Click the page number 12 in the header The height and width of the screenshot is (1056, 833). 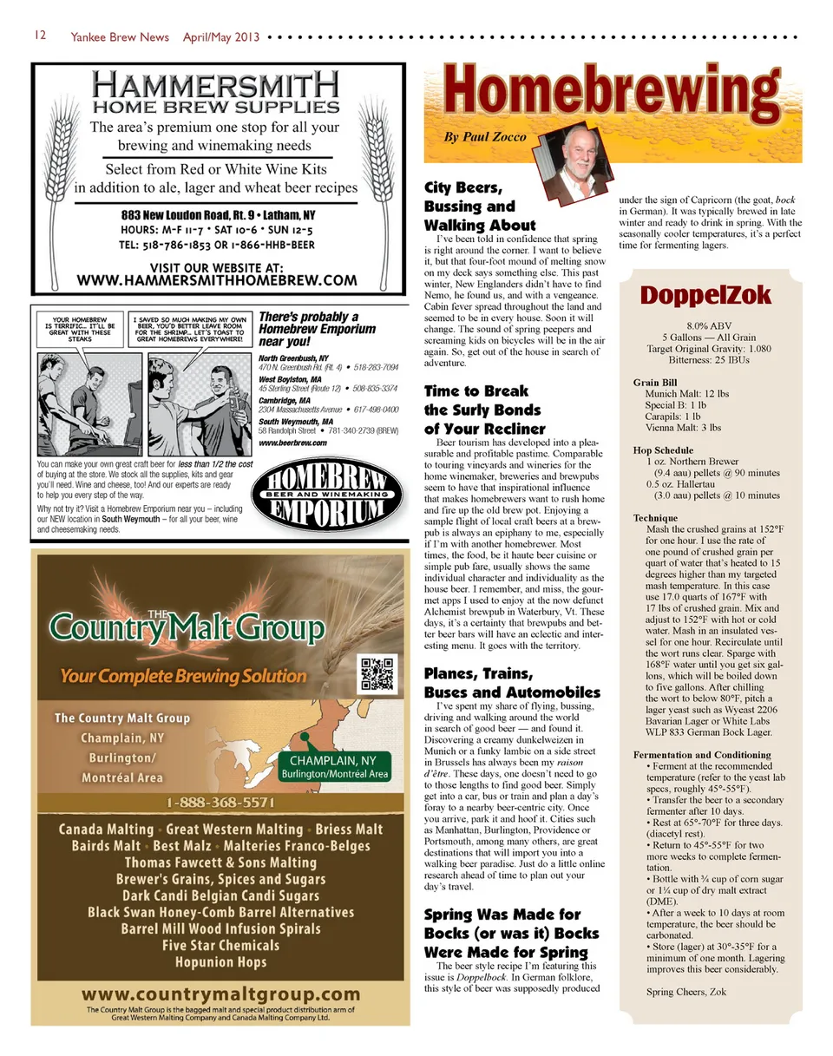(x=39, y=36)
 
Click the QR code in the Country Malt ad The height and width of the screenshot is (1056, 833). (x=377, y=673)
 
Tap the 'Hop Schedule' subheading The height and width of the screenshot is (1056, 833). (x=663, y=450)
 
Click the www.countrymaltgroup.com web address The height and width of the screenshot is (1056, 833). (x=220, y=993)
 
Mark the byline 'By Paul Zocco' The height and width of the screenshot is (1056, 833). (x=484, y=137)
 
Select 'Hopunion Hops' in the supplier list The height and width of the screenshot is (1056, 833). (x=220, y=961)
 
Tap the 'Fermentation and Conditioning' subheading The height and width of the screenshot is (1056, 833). (x=702, y=755)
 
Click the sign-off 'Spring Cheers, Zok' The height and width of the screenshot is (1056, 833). (x=686, y=991)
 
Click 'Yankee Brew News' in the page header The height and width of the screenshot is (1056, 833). (x=120, y=37)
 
